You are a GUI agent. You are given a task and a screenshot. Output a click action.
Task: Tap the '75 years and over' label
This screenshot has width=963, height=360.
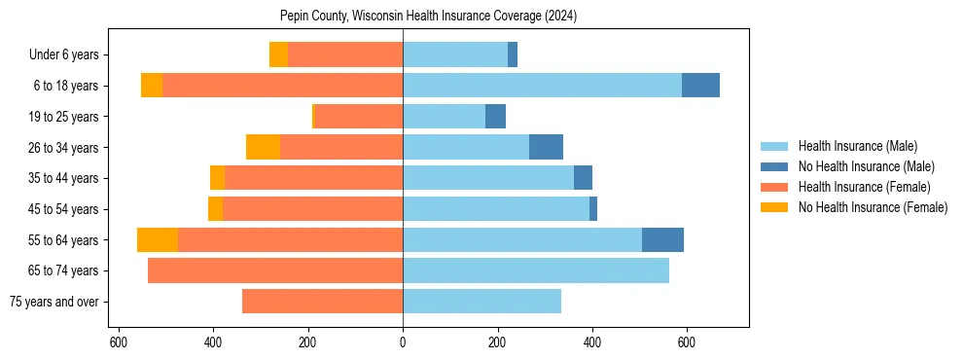pos(53,302)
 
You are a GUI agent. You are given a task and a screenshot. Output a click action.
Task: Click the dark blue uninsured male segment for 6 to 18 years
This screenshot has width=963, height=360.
pos(700,86)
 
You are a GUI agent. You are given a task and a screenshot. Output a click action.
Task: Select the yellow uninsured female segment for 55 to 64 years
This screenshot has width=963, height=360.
pos(158,240)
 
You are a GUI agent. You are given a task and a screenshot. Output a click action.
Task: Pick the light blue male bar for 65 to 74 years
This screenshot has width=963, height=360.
pos(535,270)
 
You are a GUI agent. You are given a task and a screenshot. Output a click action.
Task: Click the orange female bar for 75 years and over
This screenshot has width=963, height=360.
pos(322,302)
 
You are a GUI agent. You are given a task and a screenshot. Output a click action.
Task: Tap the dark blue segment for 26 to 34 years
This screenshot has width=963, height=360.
pos(546,147)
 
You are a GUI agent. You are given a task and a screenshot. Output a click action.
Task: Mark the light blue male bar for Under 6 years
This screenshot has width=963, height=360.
pos(454,54)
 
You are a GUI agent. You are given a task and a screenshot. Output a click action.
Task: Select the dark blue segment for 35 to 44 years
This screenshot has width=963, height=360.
pos(583,178)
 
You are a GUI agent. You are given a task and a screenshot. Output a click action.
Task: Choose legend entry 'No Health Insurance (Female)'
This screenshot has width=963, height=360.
pos(873,207)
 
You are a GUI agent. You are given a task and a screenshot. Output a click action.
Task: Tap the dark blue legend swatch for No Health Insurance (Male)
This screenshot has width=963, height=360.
pos(774,166)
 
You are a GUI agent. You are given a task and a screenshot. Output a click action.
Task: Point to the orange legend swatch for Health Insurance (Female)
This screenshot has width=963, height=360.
pos(774,187)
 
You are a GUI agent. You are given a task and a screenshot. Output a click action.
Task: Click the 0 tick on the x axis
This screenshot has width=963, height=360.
pos(403,342)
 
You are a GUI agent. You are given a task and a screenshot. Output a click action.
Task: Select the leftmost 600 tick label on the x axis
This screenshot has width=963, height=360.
pos(118,342)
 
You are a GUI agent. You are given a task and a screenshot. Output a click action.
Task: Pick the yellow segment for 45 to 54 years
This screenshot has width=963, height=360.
pos(215,209)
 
